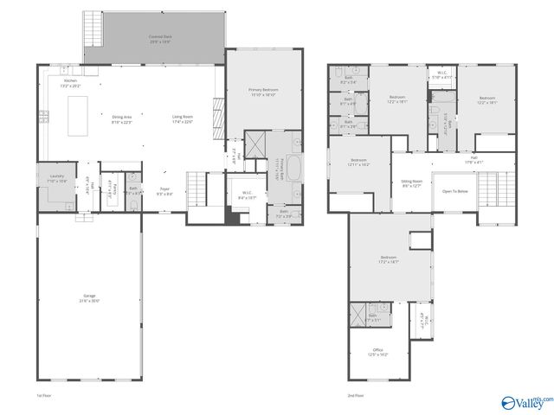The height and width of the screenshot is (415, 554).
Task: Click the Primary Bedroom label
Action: click(263, 92)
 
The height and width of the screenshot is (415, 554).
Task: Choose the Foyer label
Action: click(164, 191)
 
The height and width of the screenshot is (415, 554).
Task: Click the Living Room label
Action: click(182, 118)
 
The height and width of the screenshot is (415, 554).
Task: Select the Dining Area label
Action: click(122, 118)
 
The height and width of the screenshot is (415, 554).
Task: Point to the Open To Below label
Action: click(455, 191)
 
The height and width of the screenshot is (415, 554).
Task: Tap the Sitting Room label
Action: click(410, 183)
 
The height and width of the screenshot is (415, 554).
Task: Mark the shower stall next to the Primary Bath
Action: click(256, 145)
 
